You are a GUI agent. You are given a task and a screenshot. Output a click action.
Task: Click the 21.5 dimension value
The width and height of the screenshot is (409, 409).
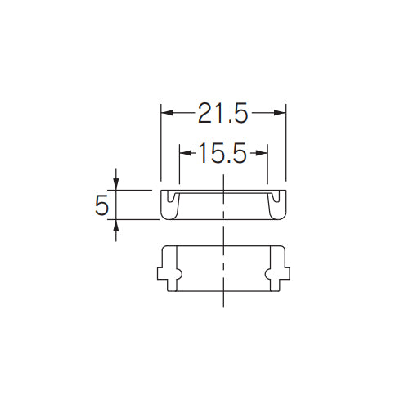click(x=222, y=113)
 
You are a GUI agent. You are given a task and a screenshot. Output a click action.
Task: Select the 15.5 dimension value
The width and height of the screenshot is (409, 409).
click(x=222, y=153)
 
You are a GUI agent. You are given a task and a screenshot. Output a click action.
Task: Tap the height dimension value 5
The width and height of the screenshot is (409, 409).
click(x=101, y=205)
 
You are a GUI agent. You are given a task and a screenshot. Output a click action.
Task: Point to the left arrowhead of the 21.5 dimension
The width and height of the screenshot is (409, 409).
click(x=164, y=113)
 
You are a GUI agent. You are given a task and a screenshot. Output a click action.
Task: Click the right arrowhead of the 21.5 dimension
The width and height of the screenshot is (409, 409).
click(x=281, y=113)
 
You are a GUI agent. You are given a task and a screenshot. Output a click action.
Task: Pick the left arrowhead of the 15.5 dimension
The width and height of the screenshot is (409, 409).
click(x=182, y=153)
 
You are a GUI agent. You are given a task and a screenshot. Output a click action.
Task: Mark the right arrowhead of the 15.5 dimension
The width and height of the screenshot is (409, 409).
click(x=263, y=153)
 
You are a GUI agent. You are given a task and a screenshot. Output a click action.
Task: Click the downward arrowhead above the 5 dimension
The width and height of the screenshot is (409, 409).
click(x=116, y=184)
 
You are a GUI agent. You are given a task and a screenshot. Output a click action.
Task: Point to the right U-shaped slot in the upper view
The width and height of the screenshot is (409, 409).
click(x=276, y=198)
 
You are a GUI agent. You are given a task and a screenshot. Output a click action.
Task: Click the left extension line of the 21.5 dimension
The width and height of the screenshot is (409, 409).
click(x=160, y=147)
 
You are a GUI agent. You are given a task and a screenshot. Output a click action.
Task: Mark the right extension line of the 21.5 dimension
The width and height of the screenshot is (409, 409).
click(x=285, y=147)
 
